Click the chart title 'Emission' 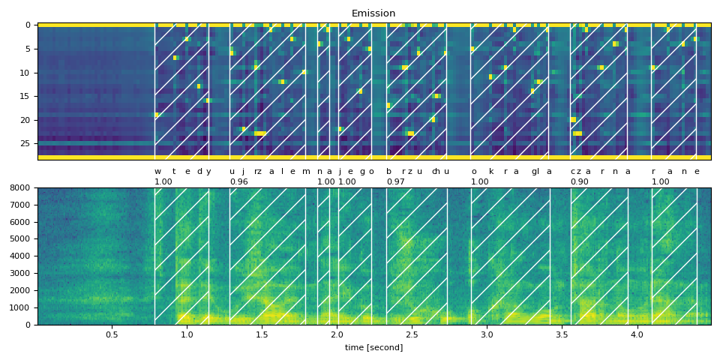click(x=373, y=13)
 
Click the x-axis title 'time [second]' click(x=373, y=347)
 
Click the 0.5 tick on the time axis click(x=112, y=334)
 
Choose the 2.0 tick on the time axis click(x=337, y=334)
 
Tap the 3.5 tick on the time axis click(x=562, y=334)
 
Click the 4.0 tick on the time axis click(x=637, y=334)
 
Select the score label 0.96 click(x=238, y=181)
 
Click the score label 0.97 click(x=395, y=181)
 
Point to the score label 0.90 click(x=579, y=181)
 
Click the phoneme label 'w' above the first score click(x=157, y=171)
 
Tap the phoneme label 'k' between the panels click(x=491, y=171)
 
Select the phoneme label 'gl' click(x=535, y=171)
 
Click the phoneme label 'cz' click(x=574, y=171)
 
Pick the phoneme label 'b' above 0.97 click(x=388, y=171)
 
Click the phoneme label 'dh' click(x=436, y=171)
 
